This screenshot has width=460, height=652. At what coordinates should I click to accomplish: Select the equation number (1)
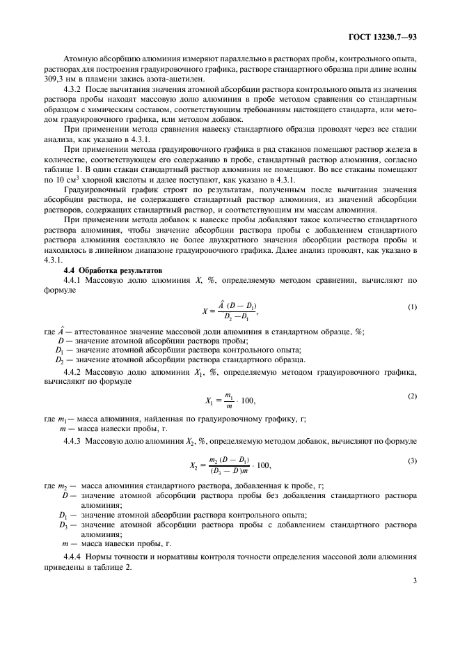pyautogui.click(x=412, y=306)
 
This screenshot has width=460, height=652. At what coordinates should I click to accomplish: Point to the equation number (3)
pyautogui.click(x=412, y=461)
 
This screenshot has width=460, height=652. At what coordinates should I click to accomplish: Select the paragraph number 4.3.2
pyautogui.click(x=73, y=91)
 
